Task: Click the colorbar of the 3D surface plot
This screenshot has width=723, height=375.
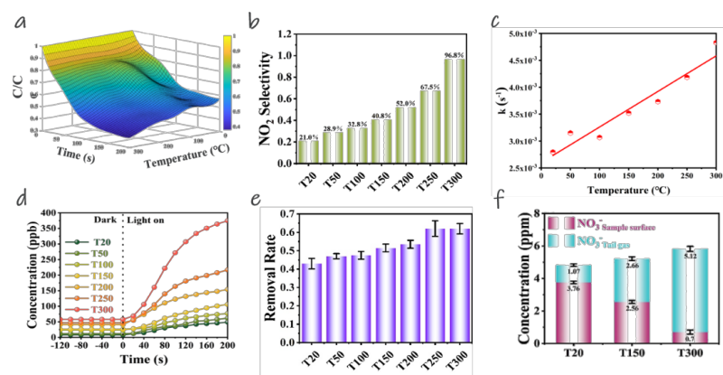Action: click(228, 85)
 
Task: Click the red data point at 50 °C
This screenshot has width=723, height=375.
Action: click(570, 133)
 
